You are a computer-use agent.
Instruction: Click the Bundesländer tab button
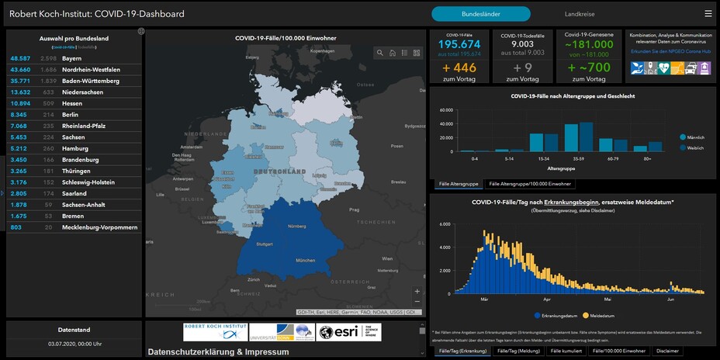481,13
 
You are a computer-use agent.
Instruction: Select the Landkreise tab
580,13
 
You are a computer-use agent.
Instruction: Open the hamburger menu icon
708,13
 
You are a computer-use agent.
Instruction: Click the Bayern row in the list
72,58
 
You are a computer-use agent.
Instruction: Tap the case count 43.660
20,70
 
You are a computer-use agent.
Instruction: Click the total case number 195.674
459,44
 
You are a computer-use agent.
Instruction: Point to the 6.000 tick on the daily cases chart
445,224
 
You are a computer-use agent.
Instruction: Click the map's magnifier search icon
379,53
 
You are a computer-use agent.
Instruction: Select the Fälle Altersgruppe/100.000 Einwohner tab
531,184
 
